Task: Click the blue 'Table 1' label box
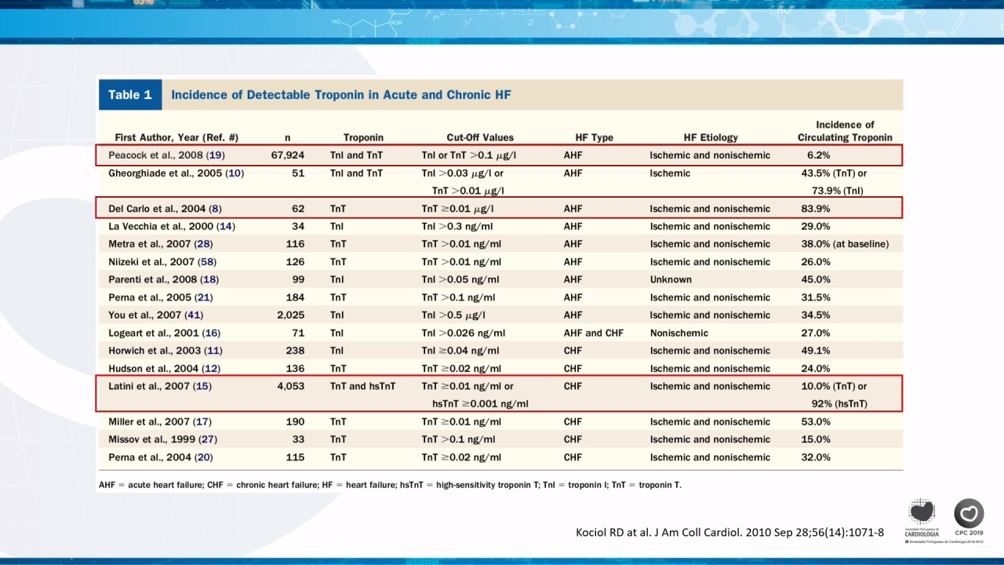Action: (x=130, y=95)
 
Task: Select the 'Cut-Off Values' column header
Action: (x=480, y=137)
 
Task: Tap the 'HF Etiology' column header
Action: (x=711, y=137)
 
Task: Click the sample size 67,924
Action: (x=287, y=155)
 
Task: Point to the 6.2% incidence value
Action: (x=818, y=155)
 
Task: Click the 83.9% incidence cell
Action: (x=815, y=209)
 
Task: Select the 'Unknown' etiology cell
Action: (x=671, y=279)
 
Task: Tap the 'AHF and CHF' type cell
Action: (x=594, y=333)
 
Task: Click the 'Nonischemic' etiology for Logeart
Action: (x=679, y=333)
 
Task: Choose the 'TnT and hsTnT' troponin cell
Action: (x=362, y=386)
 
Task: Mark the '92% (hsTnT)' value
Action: (x=839, y=403)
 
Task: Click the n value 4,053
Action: (x=290, y=386)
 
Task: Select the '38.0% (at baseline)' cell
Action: (x=845, y=244)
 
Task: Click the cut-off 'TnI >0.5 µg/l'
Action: (x=453, y=315)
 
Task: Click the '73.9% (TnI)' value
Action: (x=837, y=191)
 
